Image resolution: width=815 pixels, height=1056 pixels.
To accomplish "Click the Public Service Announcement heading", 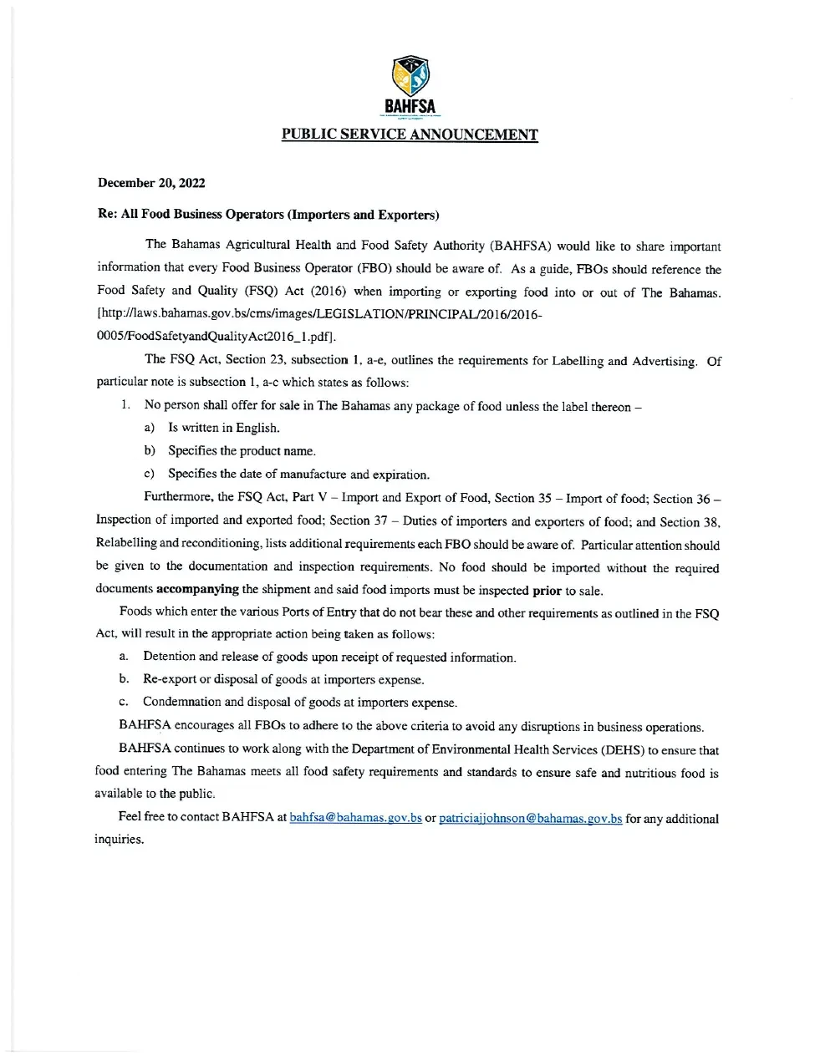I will coord(410,135).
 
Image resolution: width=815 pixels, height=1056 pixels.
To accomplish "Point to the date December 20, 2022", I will coord(151,183).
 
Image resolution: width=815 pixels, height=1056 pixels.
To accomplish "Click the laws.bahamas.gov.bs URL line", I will coord(320,315).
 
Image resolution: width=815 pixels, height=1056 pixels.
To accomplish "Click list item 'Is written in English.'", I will coord(223,428).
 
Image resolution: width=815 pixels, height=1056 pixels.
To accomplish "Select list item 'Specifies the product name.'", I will coord(242,451).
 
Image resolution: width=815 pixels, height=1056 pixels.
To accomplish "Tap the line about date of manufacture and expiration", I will coord(298,475).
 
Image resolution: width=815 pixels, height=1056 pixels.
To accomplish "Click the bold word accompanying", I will coord(197,589).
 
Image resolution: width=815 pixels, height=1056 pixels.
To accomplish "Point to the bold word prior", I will coord(547,590).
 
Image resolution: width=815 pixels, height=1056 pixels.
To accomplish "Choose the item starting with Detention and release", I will coord(329,657).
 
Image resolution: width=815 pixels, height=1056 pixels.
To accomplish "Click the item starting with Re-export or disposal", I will coord(283,680).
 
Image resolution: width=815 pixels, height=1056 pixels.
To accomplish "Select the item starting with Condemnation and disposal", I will coord(299,703).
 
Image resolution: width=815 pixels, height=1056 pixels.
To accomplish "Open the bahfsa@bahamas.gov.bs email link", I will coord(355,818).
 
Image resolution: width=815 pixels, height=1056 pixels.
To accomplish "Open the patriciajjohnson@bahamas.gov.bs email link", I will coord(530,819).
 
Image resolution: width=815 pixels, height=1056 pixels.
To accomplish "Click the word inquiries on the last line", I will coord(119,839).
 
